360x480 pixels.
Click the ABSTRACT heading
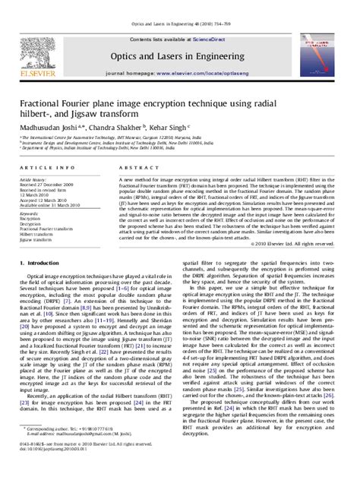point(134,166)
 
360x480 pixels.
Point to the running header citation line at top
point(179,5)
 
